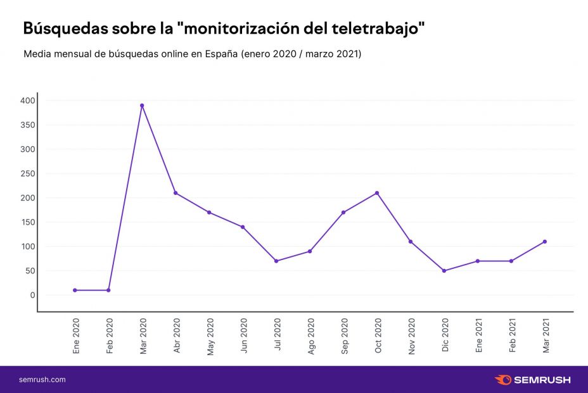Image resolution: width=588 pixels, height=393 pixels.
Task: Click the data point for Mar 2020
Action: pos(142,106)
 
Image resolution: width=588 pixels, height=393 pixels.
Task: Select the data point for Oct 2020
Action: pos(377,193)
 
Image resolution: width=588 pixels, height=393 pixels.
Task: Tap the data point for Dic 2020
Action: pos(444,271)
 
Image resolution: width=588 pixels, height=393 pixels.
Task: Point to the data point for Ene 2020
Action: pos(75,290)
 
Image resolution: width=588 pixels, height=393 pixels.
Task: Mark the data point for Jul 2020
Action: pos(276,261)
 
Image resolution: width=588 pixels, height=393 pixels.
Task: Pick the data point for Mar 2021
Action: pos(545,242)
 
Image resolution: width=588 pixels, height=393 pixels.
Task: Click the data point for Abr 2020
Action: pos(176,193)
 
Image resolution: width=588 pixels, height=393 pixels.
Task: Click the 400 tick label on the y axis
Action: pos(27,101)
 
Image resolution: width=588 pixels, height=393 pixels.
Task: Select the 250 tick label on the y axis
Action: pos(27,174)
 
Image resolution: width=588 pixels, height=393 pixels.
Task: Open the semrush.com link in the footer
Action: pos(42,380)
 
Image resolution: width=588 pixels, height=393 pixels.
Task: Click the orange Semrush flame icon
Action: pos(502,380)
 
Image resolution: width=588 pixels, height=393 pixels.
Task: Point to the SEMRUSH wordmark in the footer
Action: pos(542,380)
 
